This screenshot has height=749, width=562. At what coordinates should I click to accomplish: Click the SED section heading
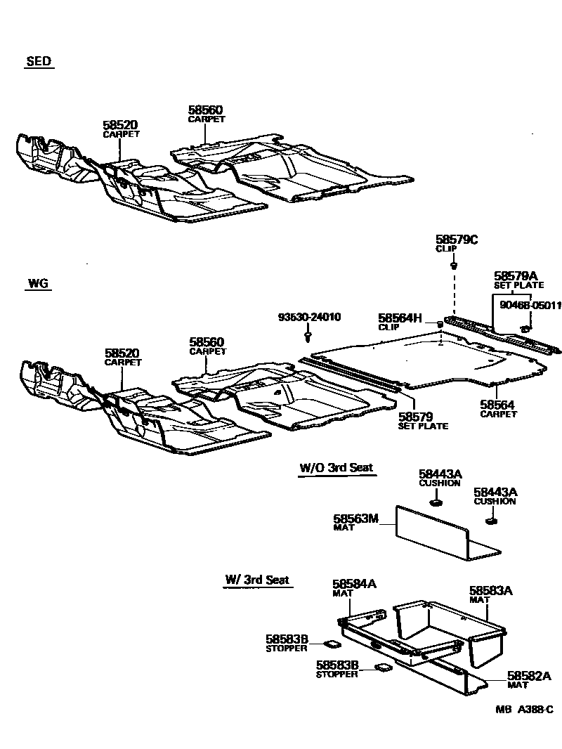click(39, 62)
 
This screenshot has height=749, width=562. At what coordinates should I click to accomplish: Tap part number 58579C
click(456, 240)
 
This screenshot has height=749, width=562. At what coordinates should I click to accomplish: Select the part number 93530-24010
click(308, 318)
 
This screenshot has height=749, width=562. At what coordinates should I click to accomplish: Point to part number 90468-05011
click(530, 305)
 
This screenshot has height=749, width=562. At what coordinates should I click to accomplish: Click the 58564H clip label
click(400, 318)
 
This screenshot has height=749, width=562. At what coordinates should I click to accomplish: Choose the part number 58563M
click(355, 519)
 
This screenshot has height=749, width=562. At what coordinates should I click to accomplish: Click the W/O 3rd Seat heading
click(336, 467)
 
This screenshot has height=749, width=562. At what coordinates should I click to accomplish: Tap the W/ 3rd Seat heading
click(257, 580)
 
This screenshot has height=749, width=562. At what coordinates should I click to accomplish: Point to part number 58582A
click(530, 676)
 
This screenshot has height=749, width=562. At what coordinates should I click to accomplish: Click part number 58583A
click(491, 592)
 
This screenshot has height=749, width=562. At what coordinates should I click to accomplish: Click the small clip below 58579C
click(455, 266)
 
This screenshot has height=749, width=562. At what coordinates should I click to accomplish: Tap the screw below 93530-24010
click(308, 338)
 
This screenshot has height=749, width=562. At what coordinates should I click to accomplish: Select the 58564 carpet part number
click(497, 405)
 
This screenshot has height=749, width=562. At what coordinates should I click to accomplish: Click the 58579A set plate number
click(515, 277)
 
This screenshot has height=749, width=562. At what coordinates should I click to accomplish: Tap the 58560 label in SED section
click(205, 110)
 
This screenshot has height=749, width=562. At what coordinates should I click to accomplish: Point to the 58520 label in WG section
click(122, 353)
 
